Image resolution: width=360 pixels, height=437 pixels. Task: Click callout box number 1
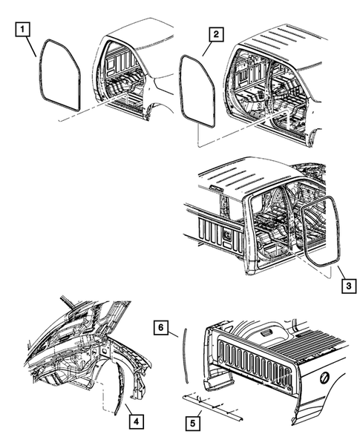pos(22,30)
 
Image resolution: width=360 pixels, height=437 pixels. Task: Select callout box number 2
pos(216,35)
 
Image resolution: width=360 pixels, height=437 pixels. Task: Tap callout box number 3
pos(349,286)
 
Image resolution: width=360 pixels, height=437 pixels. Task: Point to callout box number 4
pos(137,421)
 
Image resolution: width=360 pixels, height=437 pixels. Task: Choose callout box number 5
pos(193,424)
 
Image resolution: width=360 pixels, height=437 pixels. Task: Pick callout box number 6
pos(161,327)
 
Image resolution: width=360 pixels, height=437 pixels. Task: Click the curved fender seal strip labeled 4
pos(122,387)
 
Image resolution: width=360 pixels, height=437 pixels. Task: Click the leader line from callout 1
pos(31,47)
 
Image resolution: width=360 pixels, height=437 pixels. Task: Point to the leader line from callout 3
pos(341,272)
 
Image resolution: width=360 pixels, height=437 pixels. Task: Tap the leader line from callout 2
pos(208,48)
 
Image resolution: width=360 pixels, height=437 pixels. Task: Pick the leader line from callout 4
pos(129,409)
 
